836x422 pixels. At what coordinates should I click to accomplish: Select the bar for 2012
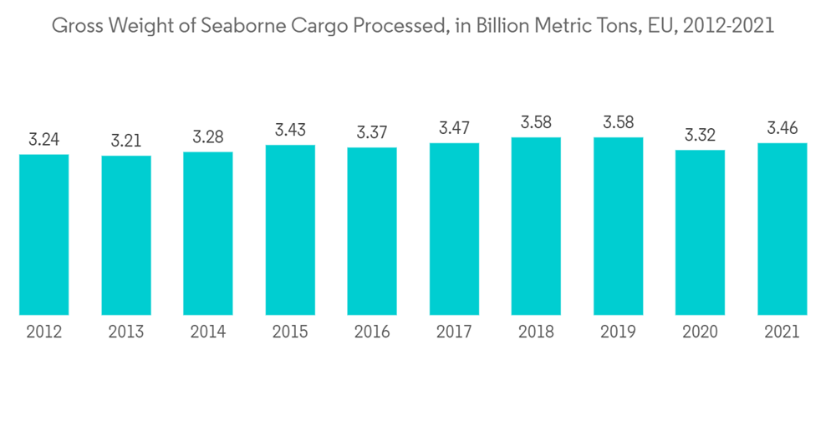coord(44,234)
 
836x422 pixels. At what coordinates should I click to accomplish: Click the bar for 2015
coord(290,230)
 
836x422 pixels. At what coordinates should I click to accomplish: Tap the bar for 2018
coord(536,226)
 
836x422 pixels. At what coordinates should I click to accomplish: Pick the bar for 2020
coord(700,233)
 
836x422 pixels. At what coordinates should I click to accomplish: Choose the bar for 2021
coord(782,229)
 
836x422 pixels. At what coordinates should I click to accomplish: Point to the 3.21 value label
coord(126,140)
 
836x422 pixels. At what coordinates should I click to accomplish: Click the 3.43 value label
coord(290,130)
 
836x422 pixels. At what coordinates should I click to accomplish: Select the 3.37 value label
coord(372,132)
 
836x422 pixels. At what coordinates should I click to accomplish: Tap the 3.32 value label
coord(700,135)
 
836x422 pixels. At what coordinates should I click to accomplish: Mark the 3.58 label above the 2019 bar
coord(618,122)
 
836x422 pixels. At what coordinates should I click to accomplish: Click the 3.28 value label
coord(208,136)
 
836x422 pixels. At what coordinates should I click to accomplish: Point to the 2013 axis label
coord(126,332)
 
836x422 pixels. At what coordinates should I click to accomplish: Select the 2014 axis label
coord(208,332)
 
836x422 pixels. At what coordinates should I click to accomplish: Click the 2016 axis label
coord(372,332)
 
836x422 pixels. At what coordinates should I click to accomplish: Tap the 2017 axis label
coord(454,332)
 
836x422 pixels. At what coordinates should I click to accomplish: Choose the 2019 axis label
coord(618,332)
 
